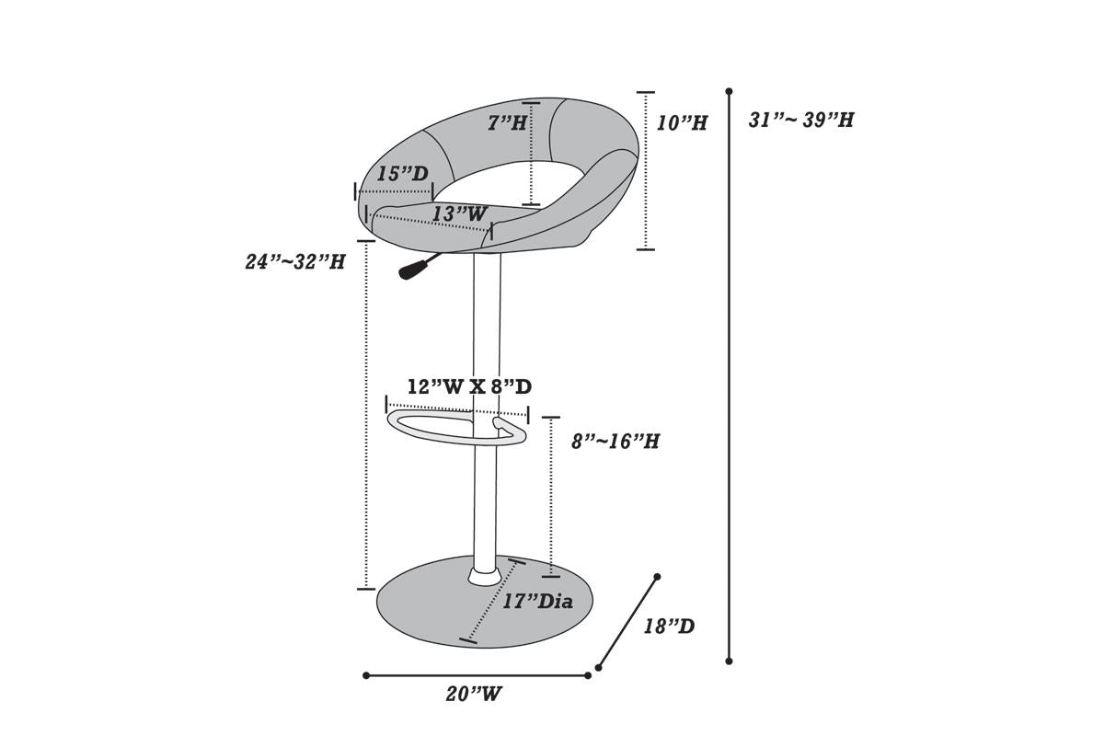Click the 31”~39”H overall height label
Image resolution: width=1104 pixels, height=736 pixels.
(x=801, y=120)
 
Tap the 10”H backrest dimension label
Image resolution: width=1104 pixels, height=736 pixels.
(x=682, y=122)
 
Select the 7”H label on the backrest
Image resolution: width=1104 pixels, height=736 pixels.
(x=507, y=122)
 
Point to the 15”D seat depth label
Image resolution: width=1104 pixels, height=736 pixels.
(x=403, y=174)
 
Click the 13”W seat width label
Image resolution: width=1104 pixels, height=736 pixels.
(x=459, y=214)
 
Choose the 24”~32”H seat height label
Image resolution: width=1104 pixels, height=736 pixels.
(x=295, y=261)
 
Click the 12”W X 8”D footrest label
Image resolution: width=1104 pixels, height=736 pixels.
(x=470, y=387)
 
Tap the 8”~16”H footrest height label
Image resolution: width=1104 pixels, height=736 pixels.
(x=615, y=442)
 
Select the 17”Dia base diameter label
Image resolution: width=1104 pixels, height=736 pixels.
(x=537, y=602)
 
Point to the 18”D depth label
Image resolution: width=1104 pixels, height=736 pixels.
(x=669, y=627)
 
